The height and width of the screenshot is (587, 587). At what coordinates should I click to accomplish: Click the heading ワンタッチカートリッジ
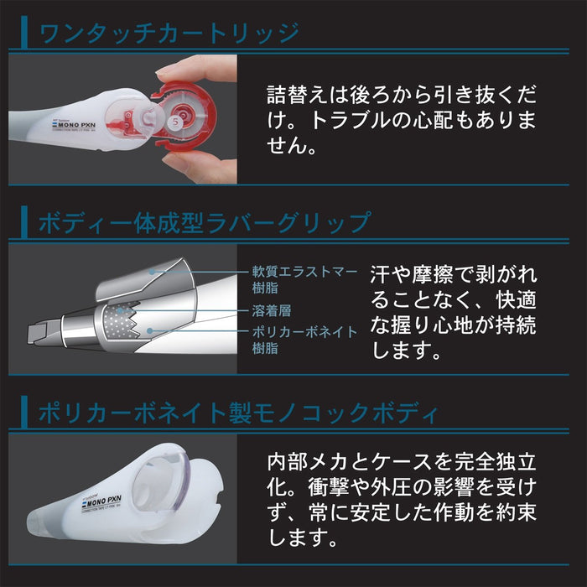pos(169,34)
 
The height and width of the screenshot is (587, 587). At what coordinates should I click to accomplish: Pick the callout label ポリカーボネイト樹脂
pos(304,340)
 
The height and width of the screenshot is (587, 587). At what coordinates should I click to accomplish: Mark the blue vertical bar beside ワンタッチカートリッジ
pos(27,34)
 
